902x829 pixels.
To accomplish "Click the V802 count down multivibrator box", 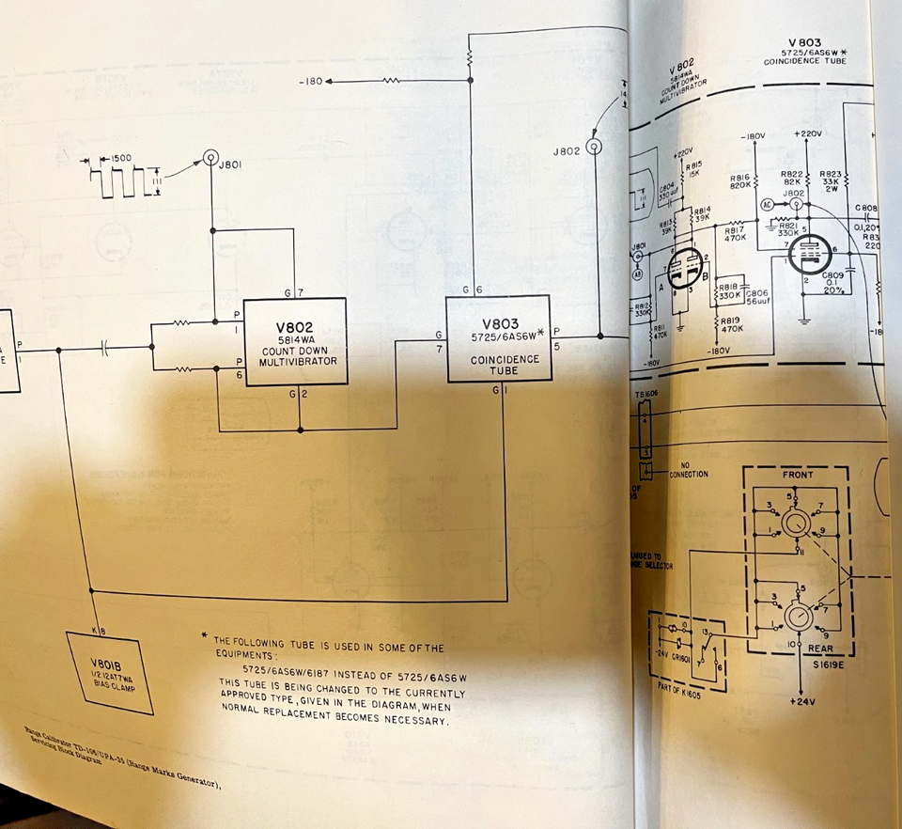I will pos(294,341).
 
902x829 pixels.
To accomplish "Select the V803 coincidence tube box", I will pos(498,339).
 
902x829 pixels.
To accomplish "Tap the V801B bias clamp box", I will pos(111,673).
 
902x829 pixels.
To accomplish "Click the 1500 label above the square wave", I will pos(120,160).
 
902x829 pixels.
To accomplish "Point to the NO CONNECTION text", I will pos(695,470).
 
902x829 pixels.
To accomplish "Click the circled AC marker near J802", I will pos(768,203).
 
